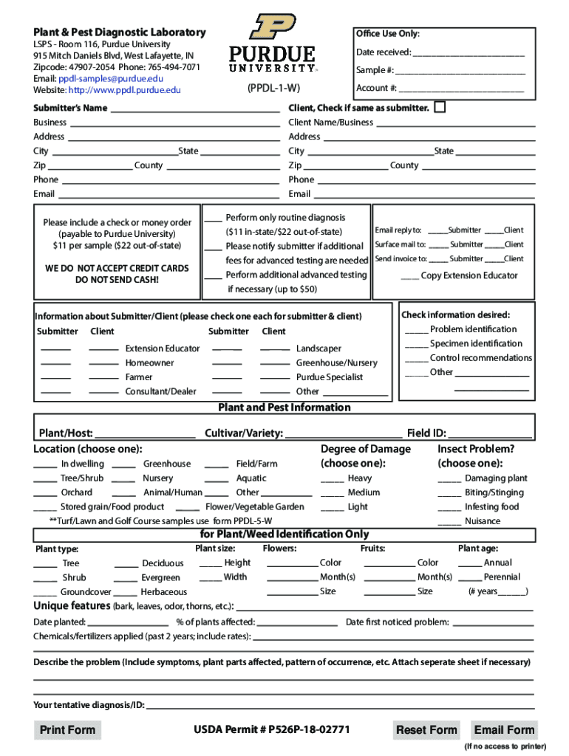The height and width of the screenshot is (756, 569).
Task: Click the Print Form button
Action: click(67, 730)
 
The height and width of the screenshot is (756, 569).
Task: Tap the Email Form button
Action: click(504, 730)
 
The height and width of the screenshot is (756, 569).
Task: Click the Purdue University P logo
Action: click(272, 27)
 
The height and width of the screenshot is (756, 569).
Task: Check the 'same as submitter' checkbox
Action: click(440, 108)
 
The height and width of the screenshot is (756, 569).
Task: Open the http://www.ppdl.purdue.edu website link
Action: click(124, 90)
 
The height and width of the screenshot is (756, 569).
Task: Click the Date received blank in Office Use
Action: click(469, 53)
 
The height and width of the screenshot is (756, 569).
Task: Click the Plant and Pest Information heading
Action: click(284, 408)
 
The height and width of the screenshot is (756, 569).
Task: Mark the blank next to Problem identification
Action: click(416, 331)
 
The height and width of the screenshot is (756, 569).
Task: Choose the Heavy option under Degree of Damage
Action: click(332, 478)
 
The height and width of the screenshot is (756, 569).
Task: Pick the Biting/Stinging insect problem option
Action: click(449, 492)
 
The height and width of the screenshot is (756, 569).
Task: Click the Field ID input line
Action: click(490, 435)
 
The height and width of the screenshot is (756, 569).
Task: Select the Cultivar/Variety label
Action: click(243, 433)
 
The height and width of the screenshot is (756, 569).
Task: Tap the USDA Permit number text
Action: click(271, 730)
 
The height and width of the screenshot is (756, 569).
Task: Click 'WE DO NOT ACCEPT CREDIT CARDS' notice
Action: click(117, 269)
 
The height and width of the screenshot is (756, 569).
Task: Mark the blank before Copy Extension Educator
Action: click(409, 277)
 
